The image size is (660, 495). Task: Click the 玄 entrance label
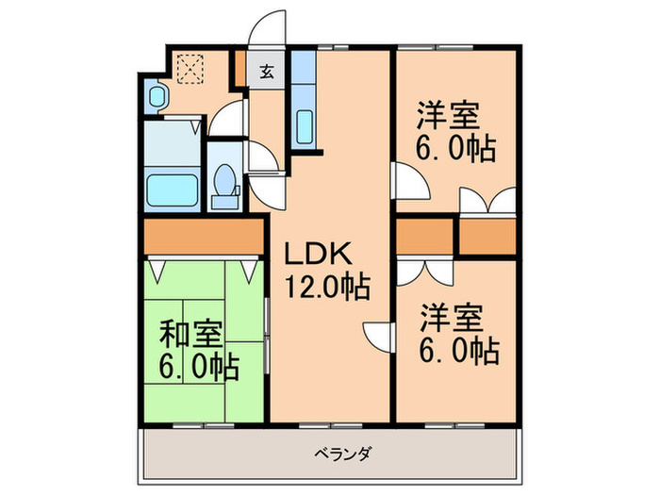pos(267,70)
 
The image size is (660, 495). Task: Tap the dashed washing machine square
pos(191,67)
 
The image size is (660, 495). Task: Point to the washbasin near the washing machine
pos(157,95)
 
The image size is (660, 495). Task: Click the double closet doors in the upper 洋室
pos(487,200)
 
